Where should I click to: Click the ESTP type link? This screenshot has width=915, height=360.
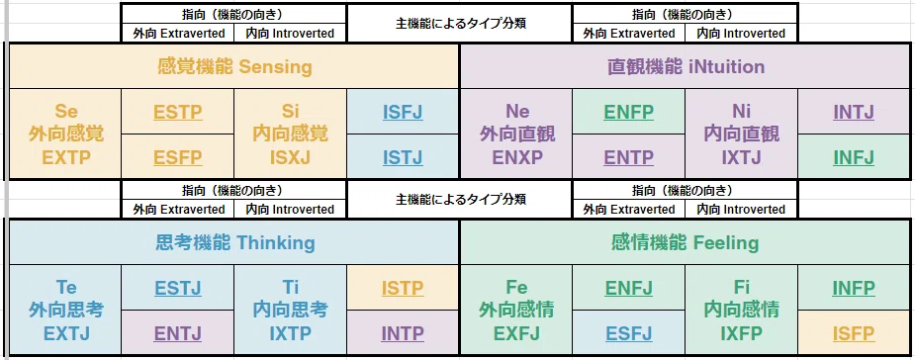(178, 112)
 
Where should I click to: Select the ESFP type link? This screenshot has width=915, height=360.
(178, 157)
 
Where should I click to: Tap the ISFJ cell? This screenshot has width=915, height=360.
(404, 112)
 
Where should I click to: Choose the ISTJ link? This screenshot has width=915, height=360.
(404, 157)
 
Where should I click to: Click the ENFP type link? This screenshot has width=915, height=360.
(629, 112)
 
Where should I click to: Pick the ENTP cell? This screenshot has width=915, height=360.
(629, 157)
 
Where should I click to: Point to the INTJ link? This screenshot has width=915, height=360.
(855, 112)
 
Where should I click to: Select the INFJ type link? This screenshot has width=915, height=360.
(855, 157)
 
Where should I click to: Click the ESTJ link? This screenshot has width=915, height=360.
(178, 288)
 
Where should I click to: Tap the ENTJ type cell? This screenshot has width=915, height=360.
(178, 333)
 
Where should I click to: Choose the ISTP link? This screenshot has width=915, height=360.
(404, 288)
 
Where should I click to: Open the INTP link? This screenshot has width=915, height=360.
(404, 333)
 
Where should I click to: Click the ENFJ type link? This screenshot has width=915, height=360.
(629, 288)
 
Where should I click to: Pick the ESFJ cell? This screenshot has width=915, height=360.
(629, 333)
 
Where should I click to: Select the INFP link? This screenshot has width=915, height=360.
(855, 288)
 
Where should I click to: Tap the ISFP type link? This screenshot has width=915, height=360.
(855, 333)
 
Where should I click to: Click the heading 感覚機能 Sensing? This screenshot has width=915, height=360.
(234, 67)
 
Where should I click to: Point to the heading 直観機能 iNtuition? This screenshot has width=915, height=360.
(686, 67)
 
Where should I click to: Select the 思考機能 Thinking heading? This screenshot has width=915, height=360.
(235, 243)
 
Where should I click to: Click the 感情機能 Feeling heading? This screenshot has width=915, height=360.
(686, 243)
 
